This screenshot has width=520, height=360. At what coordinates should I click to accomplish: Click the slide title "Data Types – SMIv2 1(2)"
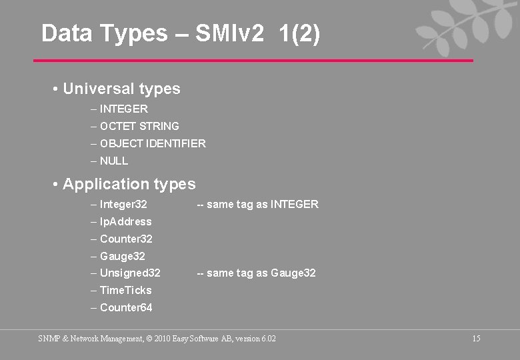pyautogui.click(x=181, y=33)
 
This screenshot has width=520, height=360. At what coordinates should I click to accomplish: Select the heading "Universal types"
pyautogui.click(x=121, y=89)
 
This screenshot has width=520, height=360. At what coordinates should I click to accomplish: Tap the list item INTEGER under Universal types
pyautogui.click(x=124, y=109)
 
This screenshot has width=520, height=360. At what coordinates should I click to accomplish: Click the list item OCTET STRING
pyautogui.click(x=139, y=126)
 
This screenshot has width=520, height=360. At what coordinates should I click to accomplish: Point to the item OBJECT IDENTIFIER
pyautogui.click(x=153, y=143)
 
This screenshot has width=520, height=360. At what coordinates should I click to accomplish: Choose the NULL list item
pyautogui.click(x=114, y=161)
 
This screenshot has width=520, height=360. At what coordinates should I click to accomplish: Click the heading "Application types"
pyautogui.click(x=129, y=184)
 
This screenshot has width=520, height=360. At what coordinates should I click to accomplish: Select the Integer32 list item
pyautogui.click(x=123, y=204)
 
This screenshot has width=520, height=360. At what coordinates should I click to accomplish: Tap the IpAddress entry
pyautogui.click(x=125, y=221)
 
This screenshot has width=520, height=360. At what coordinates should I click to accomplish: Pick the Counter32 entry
pyautogui.click(x=126, y=239)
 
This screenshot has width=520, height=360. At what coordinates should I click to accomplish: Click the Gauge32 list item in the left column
pyautogui.click(x=122, y=256)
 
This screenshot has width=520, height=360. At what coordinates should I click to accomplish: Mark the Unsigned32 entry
pyautogui.click(x=130, y=273)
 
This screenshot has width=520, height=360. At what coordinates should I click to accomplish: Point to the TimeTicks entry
pyautogui.click(x=125, y=290)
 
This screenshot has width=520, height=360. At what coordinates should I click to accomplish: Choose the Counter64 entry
pyautogui.click(x=126, y=307)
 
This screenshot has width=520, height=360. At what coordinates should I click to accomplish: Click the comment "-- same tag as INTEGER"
pyautogui.click(x=257, y=204)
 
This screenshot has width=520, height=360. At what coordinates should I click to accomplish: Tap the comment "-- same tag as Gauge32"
pyautogui.click(x=256, y=273)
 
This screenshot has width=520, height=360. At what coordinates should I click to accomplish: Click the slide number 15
pyautogui.click(x=476, y=339)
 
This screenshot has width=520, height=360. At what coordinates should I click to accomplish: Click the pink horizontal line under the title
pyautogui.click(x=253, y=61)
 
